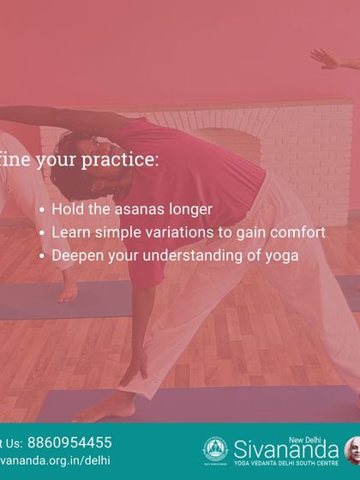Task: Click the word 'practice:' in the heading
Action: [117, 160]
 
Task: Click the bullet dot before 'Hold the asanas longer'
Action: [42, 209]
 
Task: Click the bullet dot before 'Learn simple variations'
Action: [42, 232]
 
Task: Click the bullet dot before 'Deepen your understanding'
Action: [42, 255]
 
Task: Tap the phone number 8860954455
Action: [69, 442]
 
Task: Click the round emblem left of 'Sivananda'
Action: [215, 449]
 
